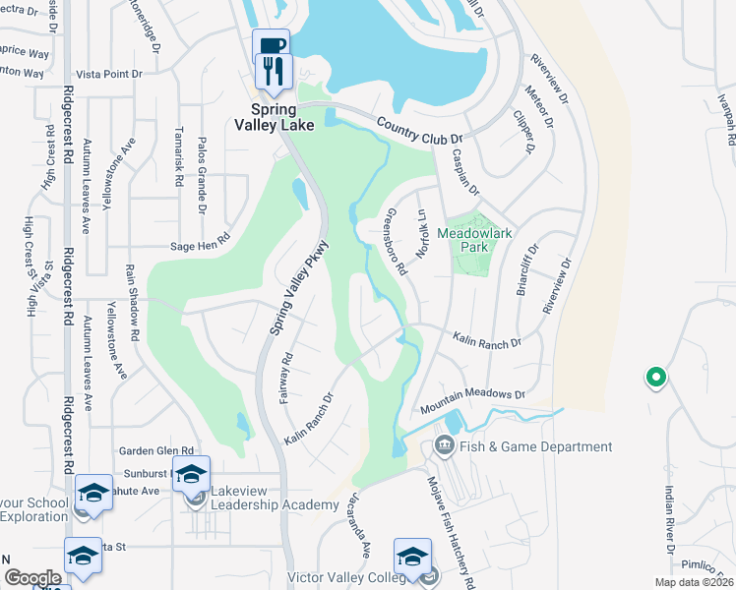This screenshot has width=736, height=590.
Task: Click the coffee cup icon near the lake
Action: click(x=270, y=46)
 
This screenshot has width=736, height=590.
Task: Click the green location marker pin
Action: click(x=654, y=377)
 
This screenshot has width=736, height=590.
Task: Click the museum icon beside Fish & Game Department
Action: click(x=443, y=447)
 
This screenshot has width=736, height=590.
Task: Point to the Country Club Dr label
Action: click(x=419, y=131)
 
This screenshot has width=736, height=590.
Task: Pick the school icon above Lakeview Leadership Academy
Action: click(x=191, y=473)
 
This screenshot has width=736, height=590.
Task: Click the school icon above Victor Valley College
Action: click(x=412, y=556)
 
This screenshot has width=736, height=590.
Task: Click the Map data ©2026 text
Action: click(x=695, y=582)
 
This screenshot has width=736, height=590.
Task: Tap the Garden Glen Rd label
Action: click(x=153, y=451)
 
